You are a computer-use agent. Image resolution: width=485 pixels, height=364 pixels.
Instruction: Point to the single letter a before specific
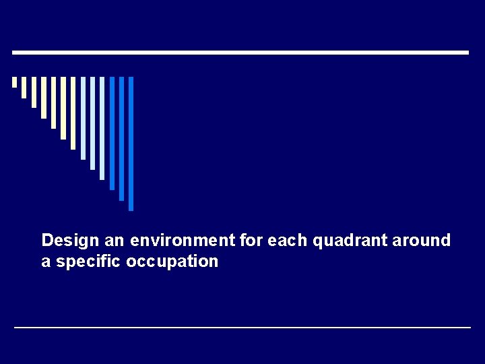tap(46, 262)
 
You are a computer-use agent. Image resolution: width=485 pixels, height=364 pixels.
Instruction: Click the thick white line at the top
tap(240, 53)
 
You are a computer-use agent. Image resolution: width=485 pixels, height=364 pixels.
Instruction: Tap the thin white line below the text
tap(243, 328)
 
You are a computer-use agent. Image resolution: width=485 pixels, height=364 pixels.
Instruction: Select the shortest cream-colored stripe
tap(14, 82)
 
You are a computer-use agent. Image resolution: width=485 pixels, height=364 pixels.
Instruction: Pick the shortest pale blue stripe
tap(83, 118)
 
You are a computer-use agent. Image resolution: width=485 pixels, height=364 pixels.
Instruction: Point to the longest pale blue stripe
tap(102, 128)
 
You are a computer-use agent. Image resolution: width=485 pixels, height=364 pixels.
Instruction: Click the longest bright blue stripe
tap(131, 144)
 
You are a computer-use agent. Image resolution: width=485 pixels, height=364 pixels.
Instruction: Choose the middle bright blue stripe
tap(122, 138)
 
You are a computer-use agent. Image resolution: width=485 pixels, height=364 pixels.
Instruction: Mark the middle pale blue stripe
tap(92, 123)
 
